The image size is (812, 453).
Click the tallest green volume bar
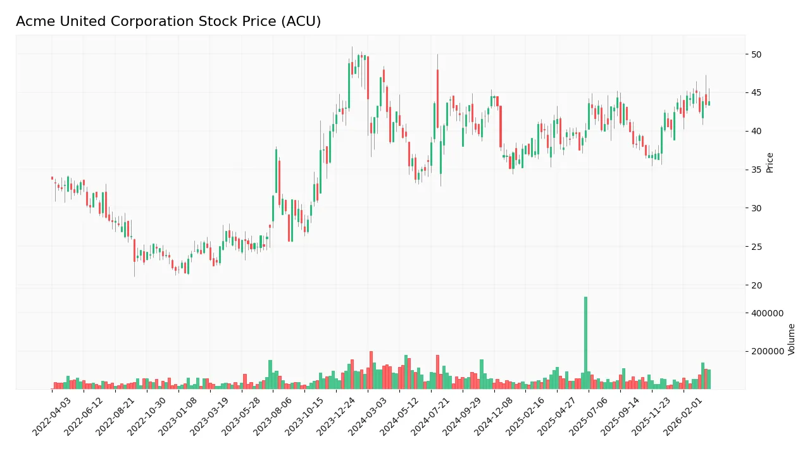click(x=585, y=342)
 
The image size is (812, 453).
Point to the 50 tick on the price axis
click(x=756, y=54)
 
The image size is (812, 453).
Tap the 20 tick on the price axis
click(x=756, y=285)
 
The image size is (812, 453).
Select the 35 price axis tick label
click(x=756, y=170)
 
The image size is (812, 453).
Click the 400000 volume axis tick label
click(x=767, y=313)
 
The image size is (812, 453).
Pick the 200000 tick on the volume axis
click(x=767, y=351)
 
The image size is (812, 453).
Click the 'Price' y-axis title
click(x=770, y=163)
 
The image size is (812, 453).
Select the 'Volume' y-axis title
click(x=792, y=339)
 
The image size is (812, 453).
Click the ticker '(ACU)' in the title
click(x=302, y=22)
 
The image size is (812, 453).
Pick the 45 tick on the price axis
click(x=756, y=93)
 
